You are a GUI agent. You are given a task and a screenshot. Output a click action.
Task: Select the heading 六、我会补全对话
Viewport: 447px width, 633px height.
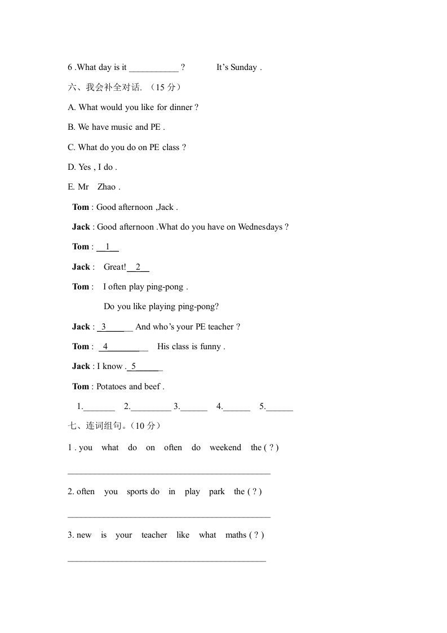point(105,87)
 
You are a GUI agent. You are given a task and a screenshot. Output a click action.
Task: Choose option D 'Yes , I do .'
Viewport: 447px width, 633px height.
point(92,167)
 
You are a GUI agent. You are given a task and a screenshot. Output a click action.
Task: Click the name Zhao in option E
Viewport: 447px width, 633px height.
point(107,187)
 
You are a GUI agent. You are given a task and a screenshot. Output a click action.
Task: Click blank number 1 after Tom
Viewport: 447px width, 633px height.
point(108,247)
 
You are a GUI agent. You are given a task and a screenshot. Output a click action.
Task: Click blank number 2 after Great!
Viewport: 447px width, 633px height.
point(138,267)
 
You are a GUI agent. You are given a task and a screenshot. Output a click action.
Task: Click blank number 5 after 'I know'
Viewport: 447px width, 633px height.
point(144,367)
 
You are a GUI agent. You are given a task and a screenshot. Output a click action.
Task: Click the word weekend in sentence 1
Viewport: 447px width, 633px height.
point(225,447)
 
